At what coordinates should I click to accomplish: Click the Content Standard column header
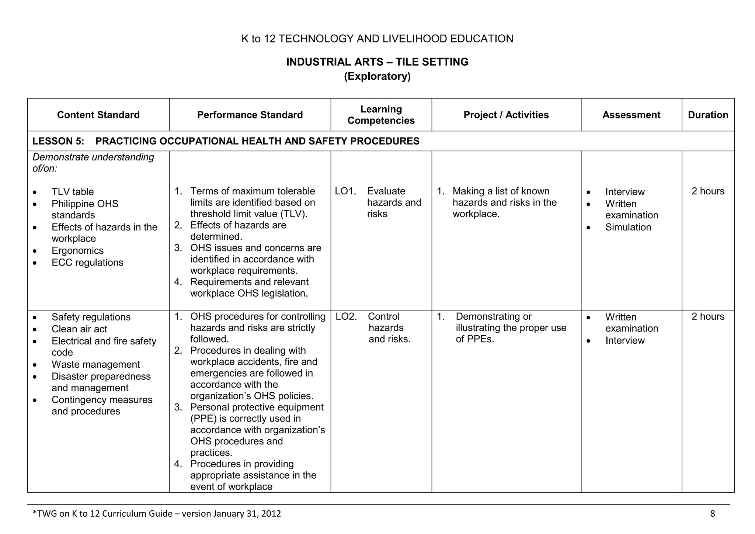pyautogui.click(x=98, y=115)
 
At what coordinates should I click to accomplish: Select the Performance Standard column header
pyautogui.click(x=250, y=115)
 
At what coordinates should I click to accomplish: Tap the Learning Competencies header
pyautogui.click(x=381, y=115)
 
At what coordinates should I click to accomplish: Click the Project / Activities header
pyautogui.click(x=506, y=115)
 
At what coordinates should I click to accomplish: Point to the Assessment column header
pyautogui.click(x=631, y=115)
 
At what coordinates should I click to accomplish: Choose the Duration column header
pyautogui.click(x=708, y=115)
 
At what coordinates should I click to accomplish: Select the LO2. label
pyautogui.click(x=346, y=317)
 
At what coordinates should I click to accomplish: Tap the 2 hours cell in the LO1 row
pyautogui.click(x=707, y=191)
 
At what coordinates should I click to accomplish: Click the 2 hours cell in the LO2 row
pyautogui.click(x=707, y=317)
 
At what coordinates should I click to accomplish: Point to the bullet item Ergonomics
pyautogui.click(x=77, y=251)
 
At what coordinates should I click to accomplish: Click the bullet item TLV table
pyautogui.click(x=73, y=192)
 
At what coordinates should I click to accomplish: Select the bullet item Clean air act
pyautogui.click(x=79, y=329)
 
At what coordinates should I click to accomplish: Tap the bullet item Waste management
pyautogui.click(x=95, y=365)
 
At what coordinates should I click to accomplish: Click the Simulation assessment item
pyautogui.click(x=628, y=228)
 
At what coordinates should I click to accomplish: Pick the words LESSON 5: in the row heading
pyautogui.click(x=58, y=141)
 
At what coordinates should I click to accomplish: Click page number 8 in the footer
pyautogui.click(x=712, y=514)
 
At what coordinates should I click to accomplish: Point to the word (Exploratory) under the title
pyautogui.click(x=377, y=76)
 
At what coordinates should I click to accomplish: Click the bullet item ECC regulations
pyautogui.click(x=87, y=263)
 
